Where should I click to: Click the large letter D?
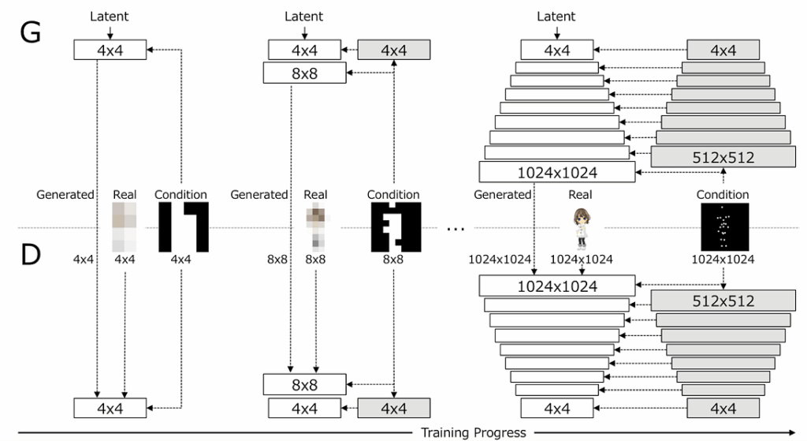click(29, 255)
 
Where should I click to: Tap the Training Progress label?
click(472, 432)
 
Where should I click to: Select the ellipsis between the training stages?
click(456, 229)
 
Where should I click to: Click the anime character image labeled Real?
click(582, 226)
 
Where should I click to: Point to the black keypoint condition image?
click(723, 226)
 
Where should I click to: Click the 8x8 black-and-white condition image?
click(396, 227)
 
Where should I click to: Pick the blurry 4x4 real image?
click(125, 227)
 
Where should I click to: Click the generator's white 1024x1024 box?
click(556, 172)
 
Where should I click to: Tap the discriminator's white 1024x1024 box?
click(556, 286)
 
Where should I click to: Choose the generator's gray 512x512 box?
click(723, 157)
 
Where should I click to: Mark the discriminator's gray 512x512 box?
click(723, 301)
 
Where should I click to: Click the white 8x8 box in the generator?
click(306, 73)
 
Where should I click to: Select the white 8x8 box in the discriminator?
click(306, 384)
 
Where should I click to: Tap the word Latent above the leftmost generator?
click(109, 16)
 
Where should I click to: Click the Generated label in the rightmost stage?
click(503, 195)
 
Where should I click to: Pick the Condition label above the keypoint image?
click(723, 195)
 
